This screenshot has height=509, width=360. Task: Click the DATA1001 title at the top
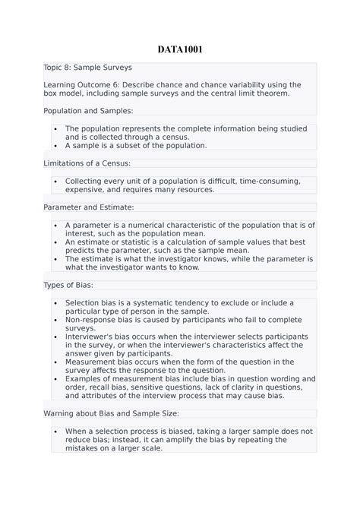tap(179, 51)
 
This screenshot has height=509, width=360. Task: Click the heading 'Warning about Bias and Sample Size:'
tap(111, 413)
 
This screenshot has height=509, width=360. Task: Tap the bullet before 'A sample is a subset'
tap(56, 145)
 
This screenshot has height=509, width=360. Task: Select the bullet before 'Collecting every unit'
tap(56, 182)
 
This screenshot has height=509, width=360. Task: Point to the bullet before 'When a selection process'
tap(56, 431)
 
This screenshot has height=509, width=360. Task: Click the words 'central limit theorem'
tap(244, 93)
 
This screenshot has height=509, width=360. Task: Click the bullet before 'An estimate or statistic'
tap(56, 242)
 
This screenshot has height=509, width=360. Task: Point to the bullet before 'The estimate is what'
tap(56, 259)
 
